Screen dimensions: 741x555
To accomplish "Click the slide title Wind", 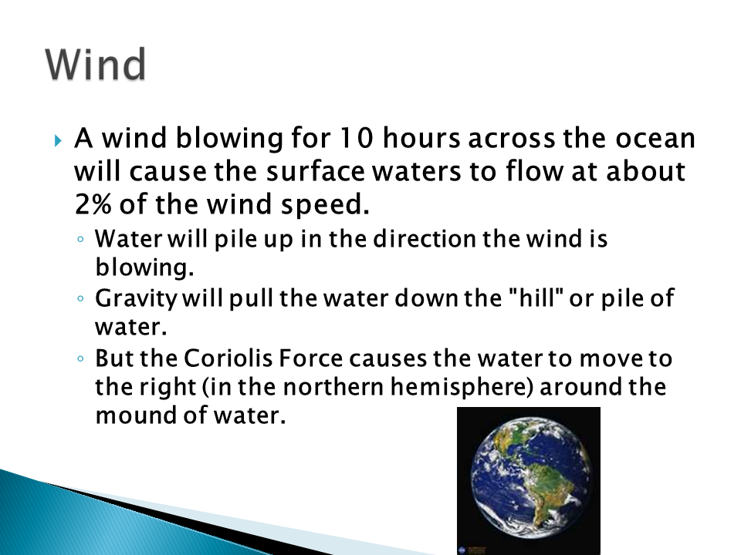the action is [96, 64].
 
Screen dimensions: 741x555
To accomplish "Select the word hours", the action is [421, 138].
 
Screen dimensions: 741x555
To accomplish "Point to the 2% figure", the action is [93, 204].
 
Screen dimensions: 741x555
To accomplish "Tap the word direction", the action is [425, 239].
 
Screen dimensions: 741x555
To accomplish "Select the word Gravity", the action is [136, 299].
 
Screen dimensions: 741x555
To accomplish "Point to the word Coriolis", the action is [228, 358].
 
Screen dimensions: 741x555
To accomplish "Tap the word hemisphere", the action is [462, 387].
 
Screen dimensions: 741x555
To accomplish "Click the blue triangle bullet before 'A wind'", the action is [58, 140].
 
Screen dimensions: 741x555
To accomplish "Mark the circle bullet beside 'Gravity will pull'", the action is [80, 298].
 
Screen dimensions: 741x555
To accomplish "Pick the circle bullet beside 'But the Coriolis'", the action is [80, 358].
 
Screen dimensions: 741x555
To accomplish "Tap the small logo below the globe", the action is [462, 550].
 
